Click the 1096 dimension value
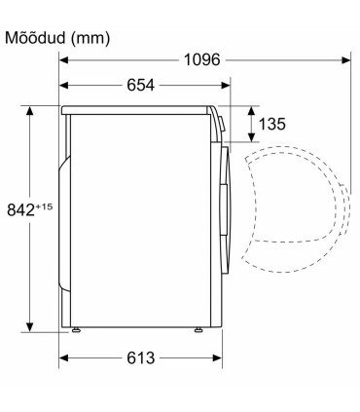201,60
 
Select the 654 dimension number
140,86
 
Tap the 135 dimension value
272,124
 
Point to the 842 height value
20,209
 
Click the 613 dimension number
141,358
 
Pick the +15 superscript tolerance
44,206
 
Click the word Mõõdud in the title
35,38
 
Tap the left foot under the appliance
76,329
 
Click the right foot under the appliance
198,329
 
